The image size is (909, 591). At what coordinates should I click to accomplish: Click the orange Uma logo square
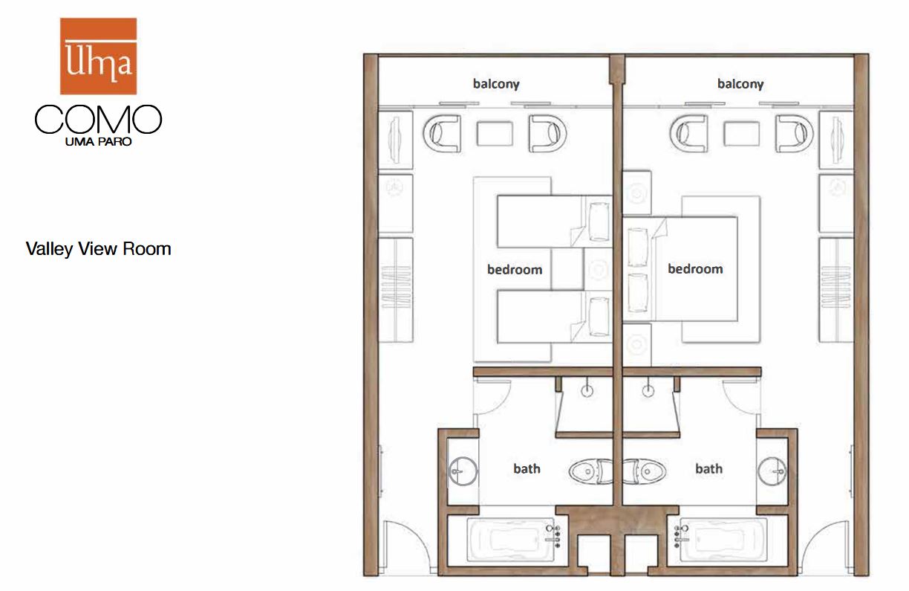pos(98,56)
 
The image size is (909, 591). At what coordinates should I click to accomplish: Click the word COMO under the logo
pos(98,119)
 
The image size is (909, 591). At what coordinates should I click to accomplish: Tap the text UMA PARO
pos(98,142)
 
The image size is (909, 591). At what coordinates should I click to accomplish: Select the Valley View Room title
pos(98,249)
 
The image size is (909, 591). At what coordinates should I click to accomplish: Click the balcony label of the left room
pos(496,84)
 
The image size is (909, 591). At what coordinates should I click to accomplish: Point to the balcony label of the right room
pos(740,84)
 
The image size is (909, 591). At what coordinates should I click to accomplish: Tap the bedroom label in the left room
pos(515,269)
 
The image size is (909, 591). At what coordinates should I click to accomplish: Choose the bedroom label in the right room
pos(695,268)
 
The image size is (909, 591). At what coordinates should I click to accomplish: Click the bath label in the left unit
pos(527,468)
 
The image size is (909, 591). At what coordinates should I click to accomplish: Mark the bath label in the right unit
pos(709,468)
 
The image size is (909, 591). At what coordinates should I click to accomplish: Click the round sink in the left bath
pos(463,471)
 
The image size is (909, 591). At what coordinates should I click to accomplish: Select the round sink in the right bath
pos(772,471)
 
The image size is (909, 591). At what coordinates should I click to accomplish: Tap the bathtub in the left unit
pos(511,540)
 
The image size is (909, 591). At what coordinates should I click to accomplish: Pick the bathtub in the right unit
pos(723,540)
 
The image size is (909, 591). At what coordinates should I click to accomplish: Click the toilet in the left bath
pos(591,471)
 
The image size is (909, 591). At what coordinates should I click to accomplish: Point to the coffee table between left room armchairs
pos(495,133)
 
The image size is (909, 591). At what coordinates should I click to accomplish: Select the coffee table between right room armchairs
pos(741,133)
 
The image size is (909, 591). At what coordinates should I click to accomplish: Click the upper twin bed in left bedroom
pos(554,222)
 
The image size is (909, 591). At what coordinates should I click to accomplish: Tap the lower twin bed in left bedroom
pos(554,317)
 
